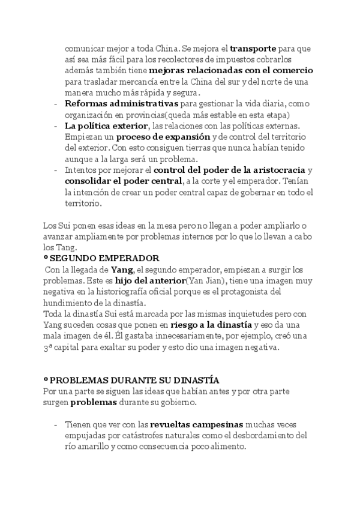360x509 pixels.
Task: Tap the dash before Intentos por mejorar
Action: [x=56, y=170]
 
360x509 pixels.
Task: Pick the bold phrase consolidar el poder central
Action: [x=122, y=181]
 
